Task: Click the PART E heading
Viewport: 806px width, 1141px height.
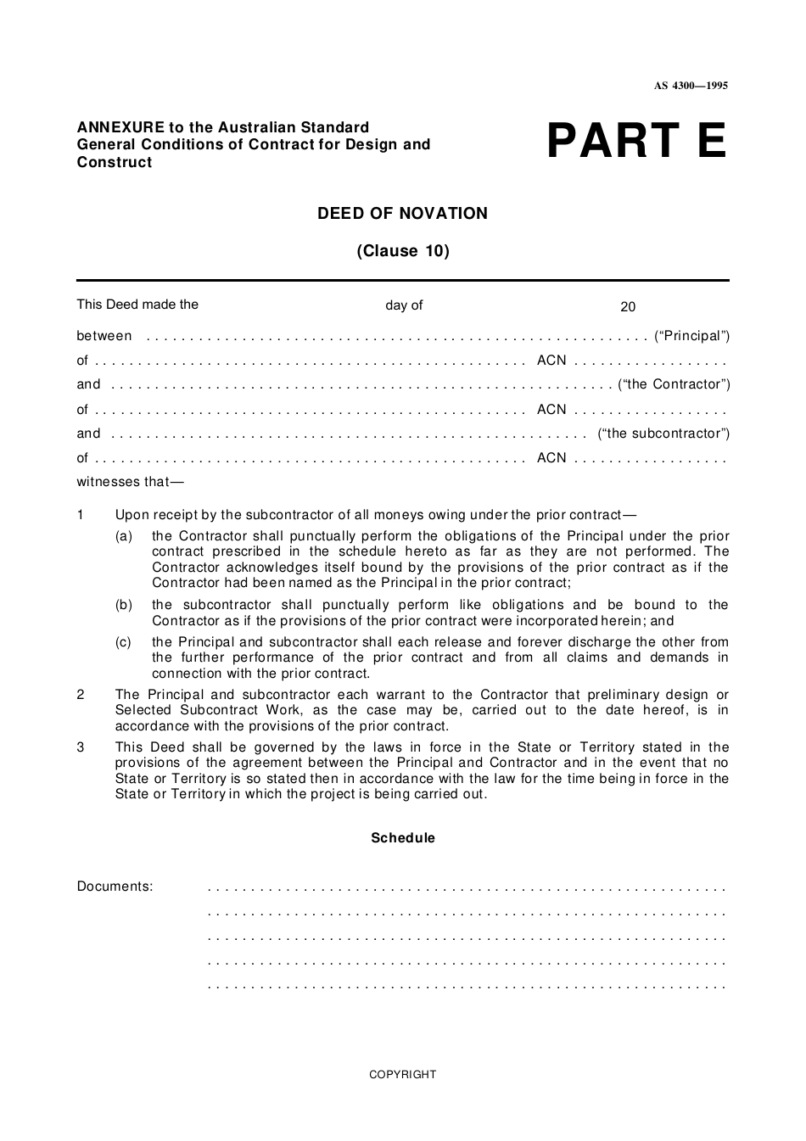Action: coord(636,142)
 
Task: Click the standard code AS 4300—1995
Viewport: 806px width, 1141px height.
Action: coord(691,86)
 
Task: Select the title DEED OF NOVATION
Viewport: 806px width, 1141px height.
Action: coord(402,214)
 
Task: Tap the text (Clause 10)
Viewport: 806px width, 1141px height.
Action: coord(402,251)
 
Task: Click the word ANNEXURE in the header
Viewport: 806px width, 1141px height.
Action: coord(113,127)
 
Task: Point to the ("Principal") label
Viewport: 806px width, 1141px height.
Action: coord(691,336)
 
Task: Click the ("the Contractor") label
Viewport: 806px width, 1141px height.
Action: coord(674,384)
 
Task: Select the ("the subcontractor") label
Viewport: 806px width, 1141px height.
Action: coord(663,433)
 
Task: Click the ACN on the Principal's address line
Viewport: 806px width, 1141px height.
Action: coord(551,361)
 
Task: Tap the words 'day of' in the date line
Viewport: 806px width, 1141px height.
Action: coord(404,305)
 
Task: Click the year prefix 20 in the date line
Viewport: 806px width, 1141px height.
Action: coord(628,307)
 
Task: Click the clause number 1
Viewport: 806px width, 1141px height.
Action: coord(81,515)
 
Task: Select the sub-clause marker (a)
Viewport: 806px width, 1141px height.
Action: coord(124,536)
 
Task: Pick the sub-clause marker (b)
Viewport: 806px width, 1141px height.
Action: coord(124,605)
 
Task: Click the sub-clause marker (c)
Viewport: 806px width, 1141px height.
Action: coord(124,642)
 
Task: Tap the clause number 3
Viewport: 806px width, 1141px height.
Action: coord(81,747)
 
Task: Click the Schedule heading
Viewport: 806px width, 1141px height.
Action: coord(402,838)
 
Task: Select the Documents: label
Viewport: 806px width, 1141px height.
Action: coord(115,887)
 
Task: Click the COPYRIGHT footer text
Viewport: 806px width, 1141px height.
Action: coord(402,1075)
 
